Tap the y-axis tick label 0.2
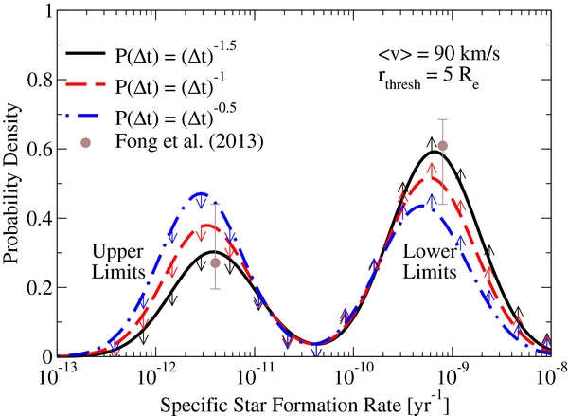[39, 287]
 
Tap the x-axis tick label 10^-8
[549, 373]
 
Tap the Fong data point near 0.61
[442, 146]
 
